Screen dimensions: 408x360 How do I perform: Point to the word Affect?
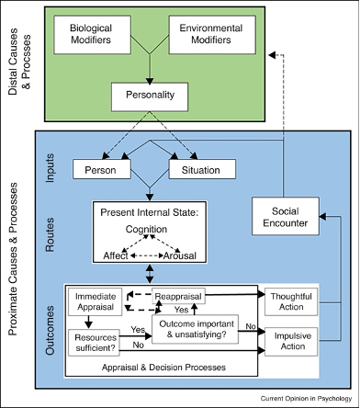point(116,255)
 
